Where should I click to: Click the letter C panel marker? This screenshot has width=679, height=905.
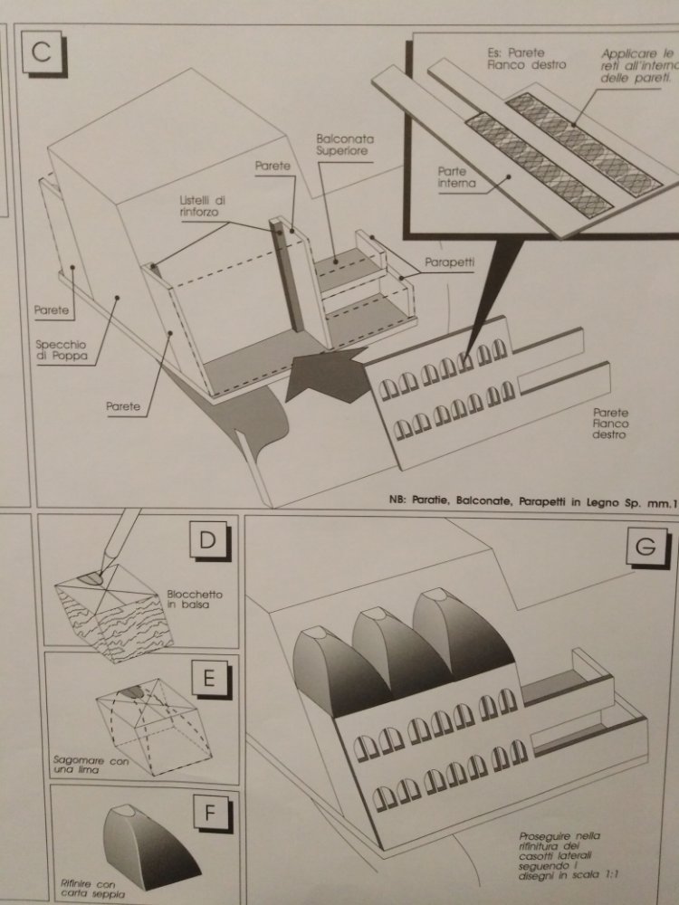(x=40, y=51)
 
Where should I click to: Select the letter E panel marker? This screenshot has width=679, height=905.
(x=208, y=677)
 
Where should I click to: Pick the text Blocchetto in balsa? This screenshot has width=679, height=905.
(x=195, y=600)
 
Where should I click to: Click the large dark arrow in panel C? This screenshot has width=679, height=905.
(x=323, y=371)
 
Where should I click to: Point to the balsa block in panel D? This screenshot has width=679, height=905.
(x=113, y=615)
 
